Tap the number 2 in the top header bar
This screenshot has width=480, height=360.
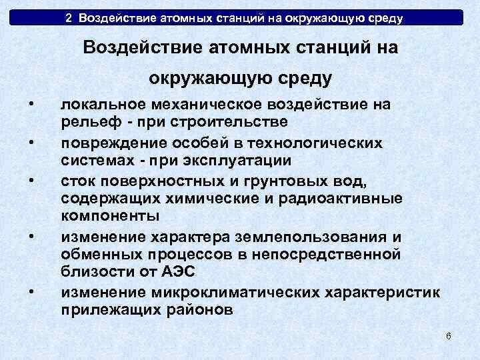point(69,17)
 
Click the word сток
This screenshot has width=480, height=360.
point(75,181)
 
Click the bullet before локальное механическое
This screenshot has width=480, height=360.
point(31,103)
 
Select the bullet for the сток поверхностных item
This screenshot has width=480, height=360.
point(31,181)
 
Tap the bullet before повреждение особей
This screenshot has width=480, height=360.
point(31,143)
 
